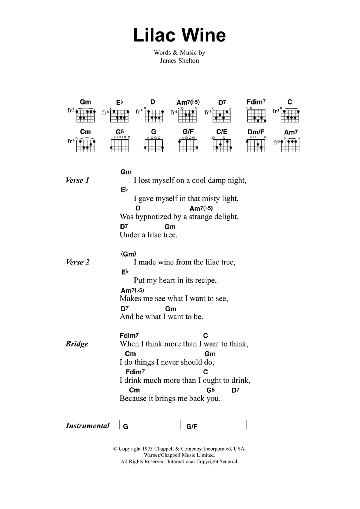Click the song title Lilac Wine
click(179, 35)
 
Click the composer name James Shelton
click(179, 61)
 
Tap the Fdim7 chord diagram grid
click(256, 115)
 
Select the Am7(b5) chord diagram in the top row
click(188, 115)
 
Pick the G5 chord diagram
click(120, 145)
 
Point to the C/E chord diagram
click(222, 145)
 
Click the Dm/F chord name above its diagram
click(256, 132)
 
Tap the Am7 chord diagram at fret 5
click(290, 145)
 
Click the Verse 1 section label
click(77, 180)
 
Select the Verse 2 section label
click(78, 262)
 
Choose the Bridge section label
click(77, 344)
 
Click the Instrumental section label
click(88, 426)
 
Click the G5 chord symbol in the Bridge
click(210, 390)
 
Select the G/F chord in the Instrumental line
click(192, 426)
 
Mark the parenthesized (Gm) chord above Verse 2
click(129, 254)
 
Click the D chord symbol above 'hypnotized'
click(138, 208)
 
